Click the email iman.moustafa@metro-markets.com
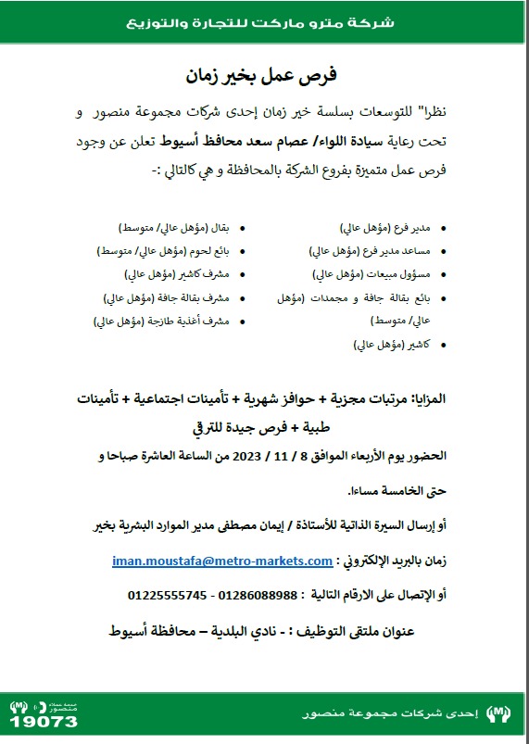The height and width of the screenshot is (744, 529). pos(221,561)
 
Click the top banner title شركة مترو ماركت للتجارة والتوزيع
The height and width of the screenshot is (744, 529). pos(265,20)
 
